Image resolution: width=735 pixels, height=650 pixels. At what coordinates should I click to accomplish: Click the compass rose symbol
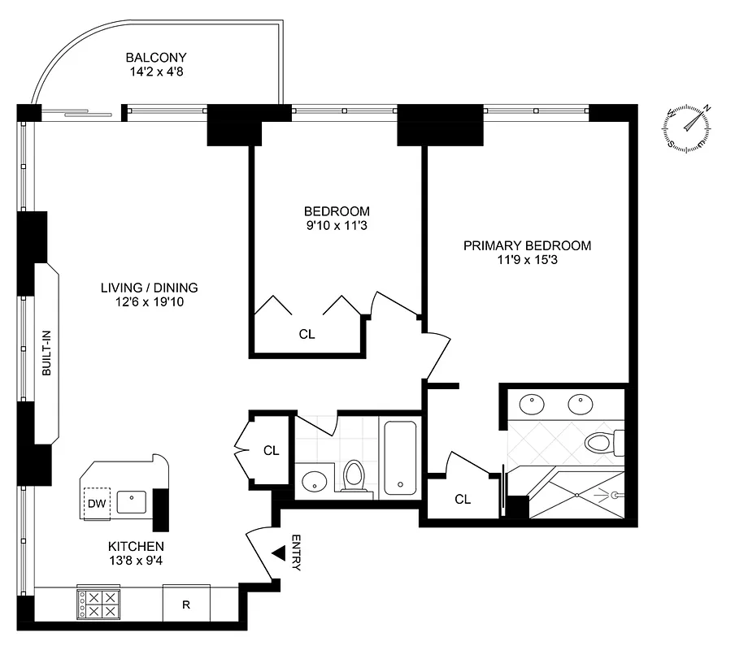click(688, 128)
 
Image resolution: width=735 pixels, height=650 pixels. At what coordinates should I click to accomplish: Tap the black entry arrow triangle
click(278, 553)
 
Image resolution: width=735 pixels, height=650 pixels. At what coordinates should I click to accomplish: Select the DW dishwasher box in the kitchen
click(97, 504)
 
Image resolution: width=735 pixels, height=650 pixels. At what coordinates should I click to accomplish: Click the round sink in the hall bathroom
click(314, 482)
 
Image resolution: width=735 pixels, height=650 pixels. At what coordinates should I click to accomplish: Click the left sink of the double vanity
click(533, 402)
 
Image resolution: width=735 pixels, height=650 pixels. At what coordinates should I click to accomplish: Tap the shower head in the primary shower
click(616, 494)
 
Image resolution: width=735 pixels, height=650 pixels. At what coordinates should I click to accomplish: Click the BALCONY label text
click(156, 58)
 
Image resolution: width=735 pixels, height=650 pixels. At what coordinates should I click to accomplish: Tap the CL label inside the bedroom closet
click(307, 334)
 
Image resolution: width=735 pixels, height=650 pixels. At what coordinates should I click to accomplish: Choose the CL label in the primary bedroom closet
click(463, 500)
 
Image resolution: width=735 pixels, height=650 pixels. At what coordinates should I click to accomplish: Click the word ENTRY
click(295, 553)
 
